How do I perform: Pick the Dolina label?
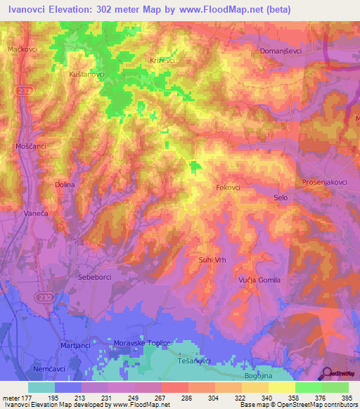(64, 184)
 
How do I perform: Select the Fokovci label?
(228, 188)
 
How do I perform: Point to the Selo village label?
(281, 198)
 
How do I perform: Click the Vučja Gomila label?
(259, 280)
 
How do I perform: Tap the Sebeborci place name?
(96, 277)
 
